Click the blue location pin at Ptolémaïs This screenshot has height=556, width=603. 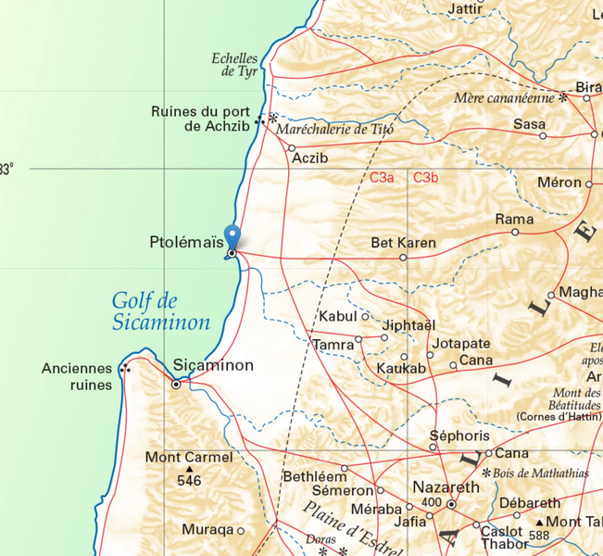(x=232, y=237)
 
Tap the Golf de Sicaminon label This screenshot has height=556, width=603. (x=160, y=312)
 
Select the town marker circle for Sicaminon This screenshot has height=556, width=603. (x=176, y=384)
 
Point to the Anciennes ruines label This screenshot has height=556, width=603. (x=77, y=376)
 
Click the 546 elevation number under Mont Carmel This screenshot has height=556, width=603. (x=189, y=481)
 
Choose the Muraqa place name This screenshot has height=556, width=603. (x=207, y=531)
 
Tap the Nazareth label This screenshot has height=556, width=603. (x=446, y=486)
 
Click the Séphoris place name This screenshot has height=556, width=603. (x=459, y=435)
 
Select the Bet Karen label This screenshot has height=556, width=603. (x=403, y=243)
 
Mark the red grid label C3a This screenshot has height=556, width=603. (x=382, y=177)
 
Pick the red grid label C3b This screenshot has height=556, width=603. (x=426, y=177)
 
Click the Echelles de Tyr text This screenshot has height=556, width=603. (x=235, y=64)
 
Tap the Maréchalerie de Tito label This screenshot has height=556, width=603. (x=335, y=130)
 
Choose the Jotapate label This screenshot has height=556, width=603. (x=461, y=344)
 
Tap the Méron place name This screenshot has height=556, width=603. (x=559, y=183)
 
